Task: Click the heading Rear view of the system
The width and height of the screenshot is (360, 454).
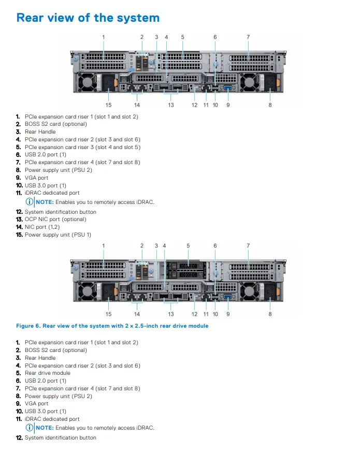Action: pos(88,18)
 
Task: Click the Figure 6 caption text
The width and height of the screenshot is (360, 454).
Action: pos(112,326)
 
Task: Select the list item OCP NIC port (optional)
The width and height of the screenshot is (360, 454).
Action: pos(55,219)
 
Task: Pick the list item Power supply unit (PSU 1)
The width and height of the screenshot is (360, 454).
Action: pos(57,235)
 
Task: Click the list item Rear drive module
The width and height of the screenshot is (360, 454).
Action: pos(47,373)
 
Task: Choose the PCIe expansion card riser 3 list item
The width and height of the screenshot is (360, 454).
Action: pos(82,147)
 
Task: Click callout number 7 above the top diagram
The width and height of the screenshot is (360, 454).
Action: pos(248,37)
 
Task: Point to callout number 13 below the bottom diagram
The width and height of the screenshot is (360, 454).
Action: pos(171,314)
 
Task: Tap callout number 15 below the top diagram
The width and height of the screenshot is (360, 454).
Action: pos(109,105)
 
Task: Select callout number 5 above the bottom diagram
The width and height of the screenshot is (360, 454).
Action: pos(188,245)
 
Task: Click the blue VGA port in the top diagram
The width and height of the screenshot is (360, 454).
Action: pos(227,90)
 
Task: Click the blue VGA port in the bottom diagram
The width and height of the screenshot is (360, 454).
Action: pos(227,297)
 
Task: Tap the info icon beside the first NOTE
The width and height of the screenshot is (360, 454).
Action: pos(30,202)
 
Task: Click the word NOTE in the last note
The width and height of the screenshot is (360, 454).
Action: pos(45,428)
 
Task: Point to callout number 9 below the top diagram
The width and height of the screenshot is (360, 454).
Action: pos(228,105)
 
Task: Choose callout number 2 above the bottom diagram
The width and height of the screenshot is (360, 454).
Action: pos(142,245)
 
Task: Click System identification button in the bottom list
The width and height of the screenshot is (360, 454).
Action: pos(60,438)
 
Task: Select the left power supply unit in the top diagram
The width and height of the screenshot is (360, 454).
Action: pos(96,82)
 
